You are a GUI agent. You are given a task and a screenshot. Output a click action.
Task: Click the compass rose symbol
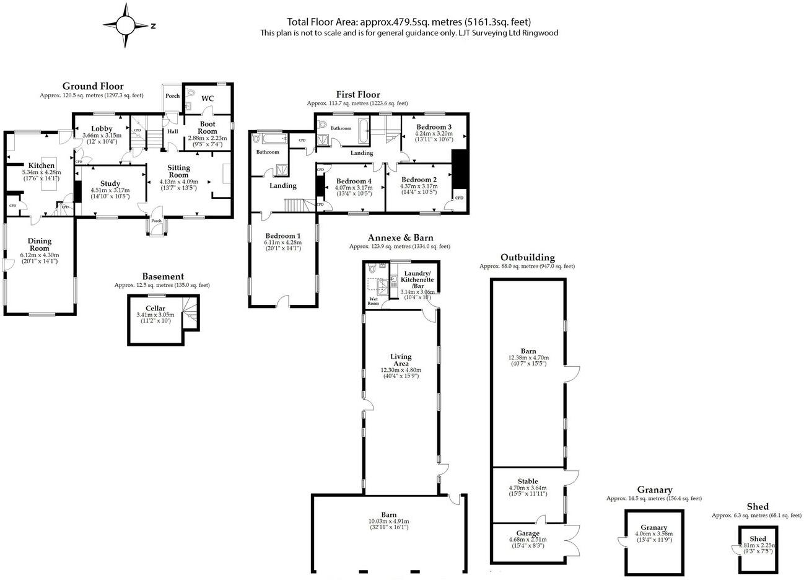coord(126,25)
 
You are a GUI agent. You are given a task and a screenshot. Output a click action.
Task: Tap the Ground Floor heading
coord(93,86)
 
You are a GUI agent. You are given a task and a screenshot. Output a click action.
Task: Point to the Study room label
coord(110,183)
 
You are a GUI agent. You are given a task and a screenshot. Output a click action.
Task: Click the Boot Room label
coord(208,127)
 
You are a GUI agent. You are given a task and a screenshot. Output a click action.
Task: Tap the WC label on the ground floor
coord(208,99)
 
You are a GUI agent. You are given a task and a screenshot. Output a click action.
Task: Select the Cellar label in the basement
coord(155,308)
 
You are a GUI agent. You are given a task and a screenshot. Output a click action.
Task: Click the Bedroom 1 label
coord(283,236)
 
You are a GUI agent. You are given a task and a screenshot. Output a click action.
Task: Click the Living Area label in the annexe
coord(401,360)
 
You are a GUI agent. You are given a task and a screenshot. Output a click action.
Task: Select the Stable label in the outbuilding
coord(528,481)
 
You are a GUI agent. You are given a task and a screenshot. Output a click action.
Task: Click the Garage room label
coord(528,533)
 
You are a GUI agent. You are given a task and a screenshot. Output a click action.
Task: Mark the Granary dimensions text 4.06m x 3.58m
coord(654,534)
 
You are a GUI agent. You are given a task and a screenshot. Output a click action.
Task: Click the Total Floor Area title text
coord(409,22)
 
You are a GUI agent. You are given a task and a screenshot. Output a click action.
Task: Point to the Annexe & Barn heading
coord(400,237)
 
